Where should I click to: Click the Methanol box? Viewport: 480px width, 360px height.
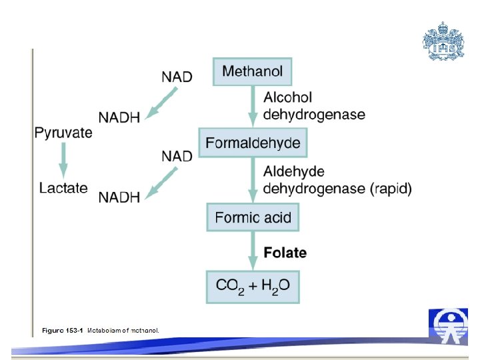click(252, 71)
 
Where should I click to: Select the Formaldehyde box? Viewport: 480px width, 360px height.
click(253, 143)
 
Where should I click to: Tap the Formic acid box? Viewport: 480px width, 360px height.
click(253, 217)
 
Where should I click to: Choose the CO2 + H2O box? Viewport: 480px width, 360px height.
click(253, 287)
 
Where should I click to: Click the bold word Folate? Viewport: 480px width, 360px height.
click(285, 253)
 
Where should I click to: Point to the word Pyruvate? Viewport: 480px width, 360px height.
click(63, 133)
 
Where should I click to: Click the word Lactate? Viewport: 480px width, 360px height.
click(63, 188)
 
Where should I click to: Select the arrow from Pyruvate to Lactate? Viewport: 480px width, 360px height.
click(63, 160)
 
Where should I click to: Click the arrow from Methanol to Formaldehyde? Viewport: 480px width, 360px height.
click(253, 107)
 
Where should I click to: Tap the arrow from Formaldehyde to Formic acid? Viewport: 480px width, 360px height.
click(253, 180)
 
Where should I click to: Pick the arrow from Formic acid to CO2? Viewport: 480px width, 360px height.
click(253, 250)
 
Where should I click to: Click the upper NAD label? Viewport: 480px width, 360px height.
click(177, 77)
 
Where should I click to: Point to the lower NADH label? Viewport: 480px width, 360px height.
click(119, 197)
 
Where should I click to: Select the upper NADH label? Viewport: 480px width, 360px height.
click(119, 117)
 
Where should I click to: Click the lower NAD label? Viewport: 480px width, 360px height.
click(177, 156)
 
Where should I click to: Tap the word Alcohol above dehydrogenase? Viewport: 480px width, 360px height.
click(287, 98)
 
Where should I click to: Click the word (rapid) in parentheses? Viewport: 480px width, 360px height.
click(391, 189)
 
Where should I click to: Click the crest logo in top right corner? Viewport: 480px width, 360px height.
click(443, 41)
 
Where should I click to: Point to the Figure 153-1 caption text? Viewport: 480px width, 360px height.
click(100, 330)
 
